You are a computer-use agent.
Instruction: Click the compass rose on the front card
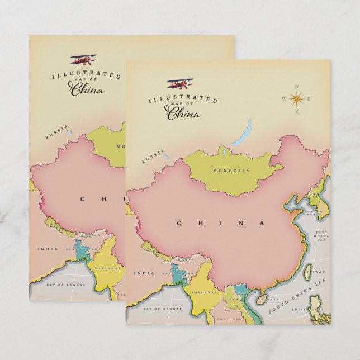point(296,99)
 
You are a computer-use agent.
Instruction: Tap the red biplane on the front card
point(179,84)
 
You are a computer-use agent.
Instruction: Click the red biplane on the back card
point(83,59)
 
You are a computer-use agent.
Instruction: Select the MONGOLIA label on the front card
point(231,170)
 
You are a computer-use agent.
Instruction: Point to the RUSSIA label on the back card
point(56,134)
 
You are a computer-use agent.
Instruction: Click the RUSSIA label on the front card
point(153,157)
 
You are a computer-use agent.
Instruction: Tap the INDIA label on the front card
point(144,273)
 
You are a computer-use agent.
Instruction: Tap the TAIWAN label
point(318,272)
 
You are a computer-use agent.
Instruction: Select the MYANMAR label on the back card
point(108,268)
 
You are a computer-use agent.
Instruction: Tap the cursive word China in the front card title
point(183,114)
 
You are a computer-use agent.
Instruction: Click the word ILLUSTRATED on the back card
point(86,75)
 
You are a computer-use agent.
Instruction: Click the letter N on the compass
point(296,87)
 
